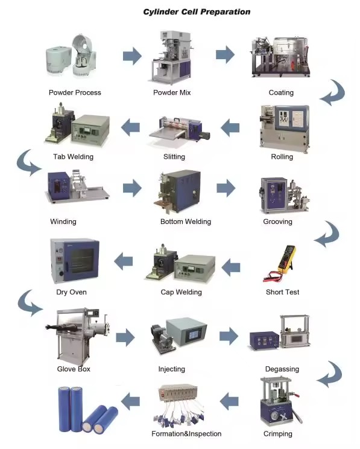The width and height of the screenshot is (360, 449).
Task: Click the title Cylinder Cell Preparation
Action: coord(197,12)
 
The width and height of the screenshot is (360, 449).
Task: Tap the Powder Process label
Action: coord(75,92)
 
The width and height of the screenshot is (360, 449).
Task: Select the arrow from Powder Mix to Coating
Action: coord(225,54)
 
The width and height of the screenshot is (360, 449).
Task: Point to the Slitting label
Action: coord(174,157)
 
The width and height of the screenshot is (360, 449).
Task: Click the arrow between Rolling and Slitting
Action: coord(230,128)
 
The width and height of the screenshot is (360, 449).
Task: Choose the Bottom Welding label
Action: coord(186,221)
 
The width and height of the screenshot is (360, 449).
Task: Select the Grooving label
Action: coord(277,221)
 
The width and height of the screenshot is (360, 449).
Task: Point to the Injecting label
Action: coord(172,369)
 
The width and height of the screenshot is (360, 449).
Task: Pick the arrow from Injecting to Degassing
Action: coord(229,336)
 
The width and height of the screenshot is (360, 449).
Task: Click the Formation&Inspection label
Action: coord(186,433)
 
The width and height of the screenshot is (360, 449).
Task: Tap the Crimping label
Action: coord(278,434)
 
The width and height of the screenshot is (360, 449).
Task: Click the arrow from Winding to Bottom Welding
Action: coord(132,188)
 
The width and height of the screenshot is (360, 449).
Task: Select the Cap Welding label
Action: coord(181,292)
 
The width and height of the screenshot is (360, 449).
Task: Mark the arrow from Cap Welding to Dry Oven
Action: coord(124,261)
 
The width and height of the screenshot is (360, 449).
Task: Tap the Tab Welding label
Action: coord(73,157)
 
